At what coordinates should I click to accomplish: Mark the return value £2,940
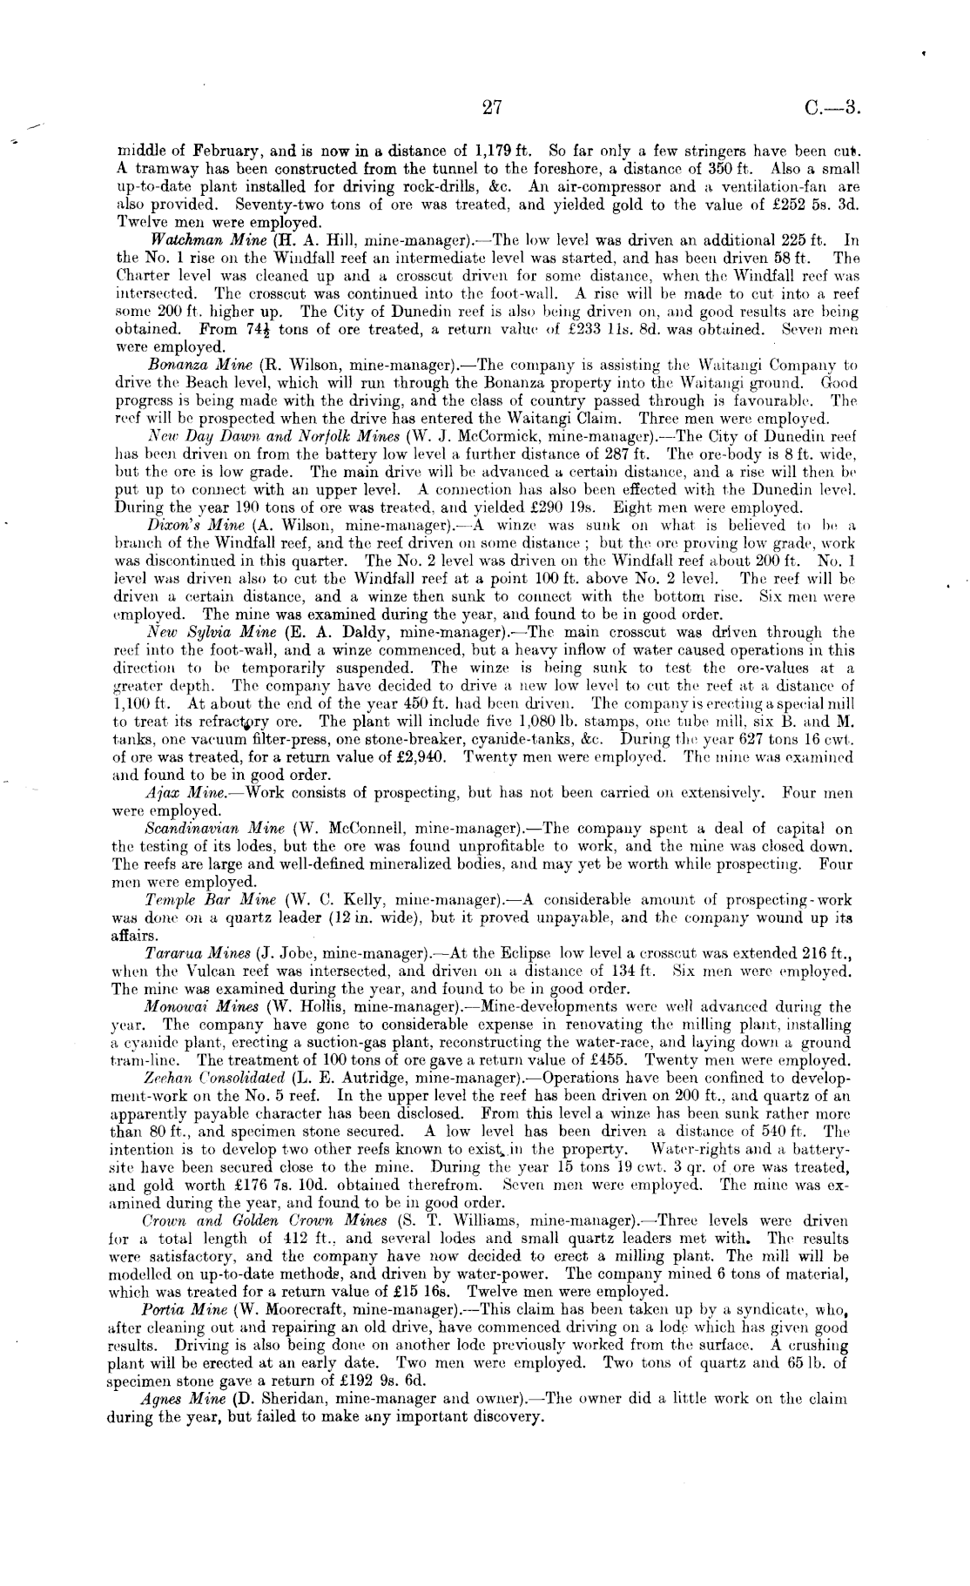point(417,756)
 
